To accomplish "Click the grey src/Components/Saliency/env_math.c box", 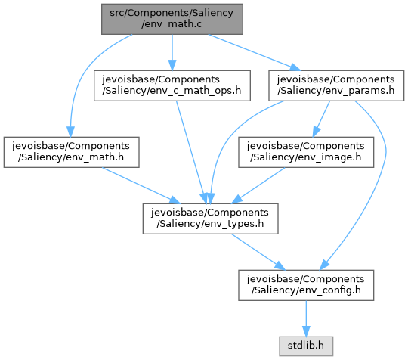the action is (172, 19).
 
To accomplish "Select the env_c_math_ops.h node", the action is (172, 85).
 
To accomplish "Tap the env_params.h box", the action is (336, 85).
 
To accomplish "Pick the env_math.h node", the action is (71, 152).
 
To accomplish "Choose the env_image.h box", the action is (306, 152).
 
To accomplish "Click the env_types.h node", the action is (210, 219).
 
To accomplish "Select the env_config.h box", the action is (306, 285).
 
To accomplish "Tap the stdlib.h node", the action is (306, 346).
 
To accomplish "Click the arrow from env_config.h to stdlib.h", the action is (306, 318).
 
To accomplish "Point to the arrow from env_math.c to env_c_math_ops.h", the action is (172, 52).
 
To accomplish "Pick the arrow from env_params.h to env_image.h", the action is (321, 119).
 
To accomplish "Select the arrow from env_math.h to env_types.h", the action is (141, 185).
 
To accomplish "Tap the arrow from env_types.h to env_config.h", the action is (258, 252).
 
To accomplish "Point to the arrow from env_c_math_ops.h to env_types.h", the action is (191, 152).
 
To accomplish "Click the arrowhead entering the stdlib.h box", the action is (306, 331).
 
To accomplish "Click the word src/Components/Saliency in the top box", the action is (172, 13).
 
